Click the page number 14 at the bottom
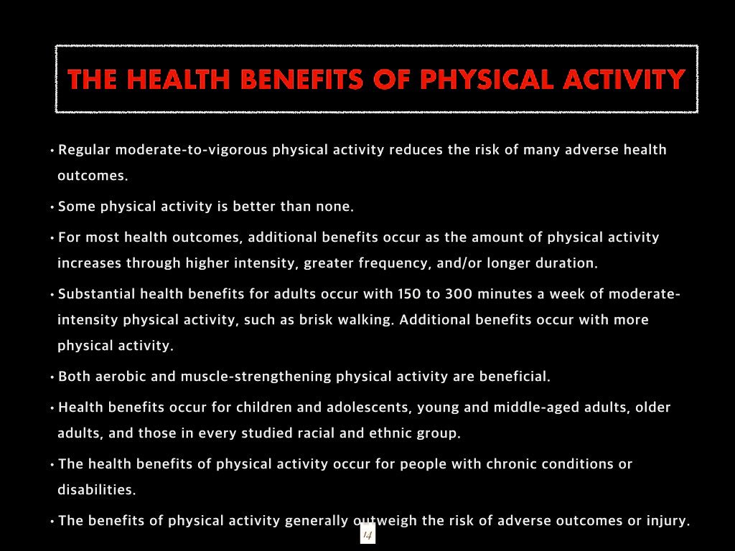tap(367, 534)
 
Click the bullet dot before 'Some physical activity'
tap(52, 207)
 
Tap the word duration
tap(566, 263)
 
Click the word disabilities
tap(96, 490)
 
